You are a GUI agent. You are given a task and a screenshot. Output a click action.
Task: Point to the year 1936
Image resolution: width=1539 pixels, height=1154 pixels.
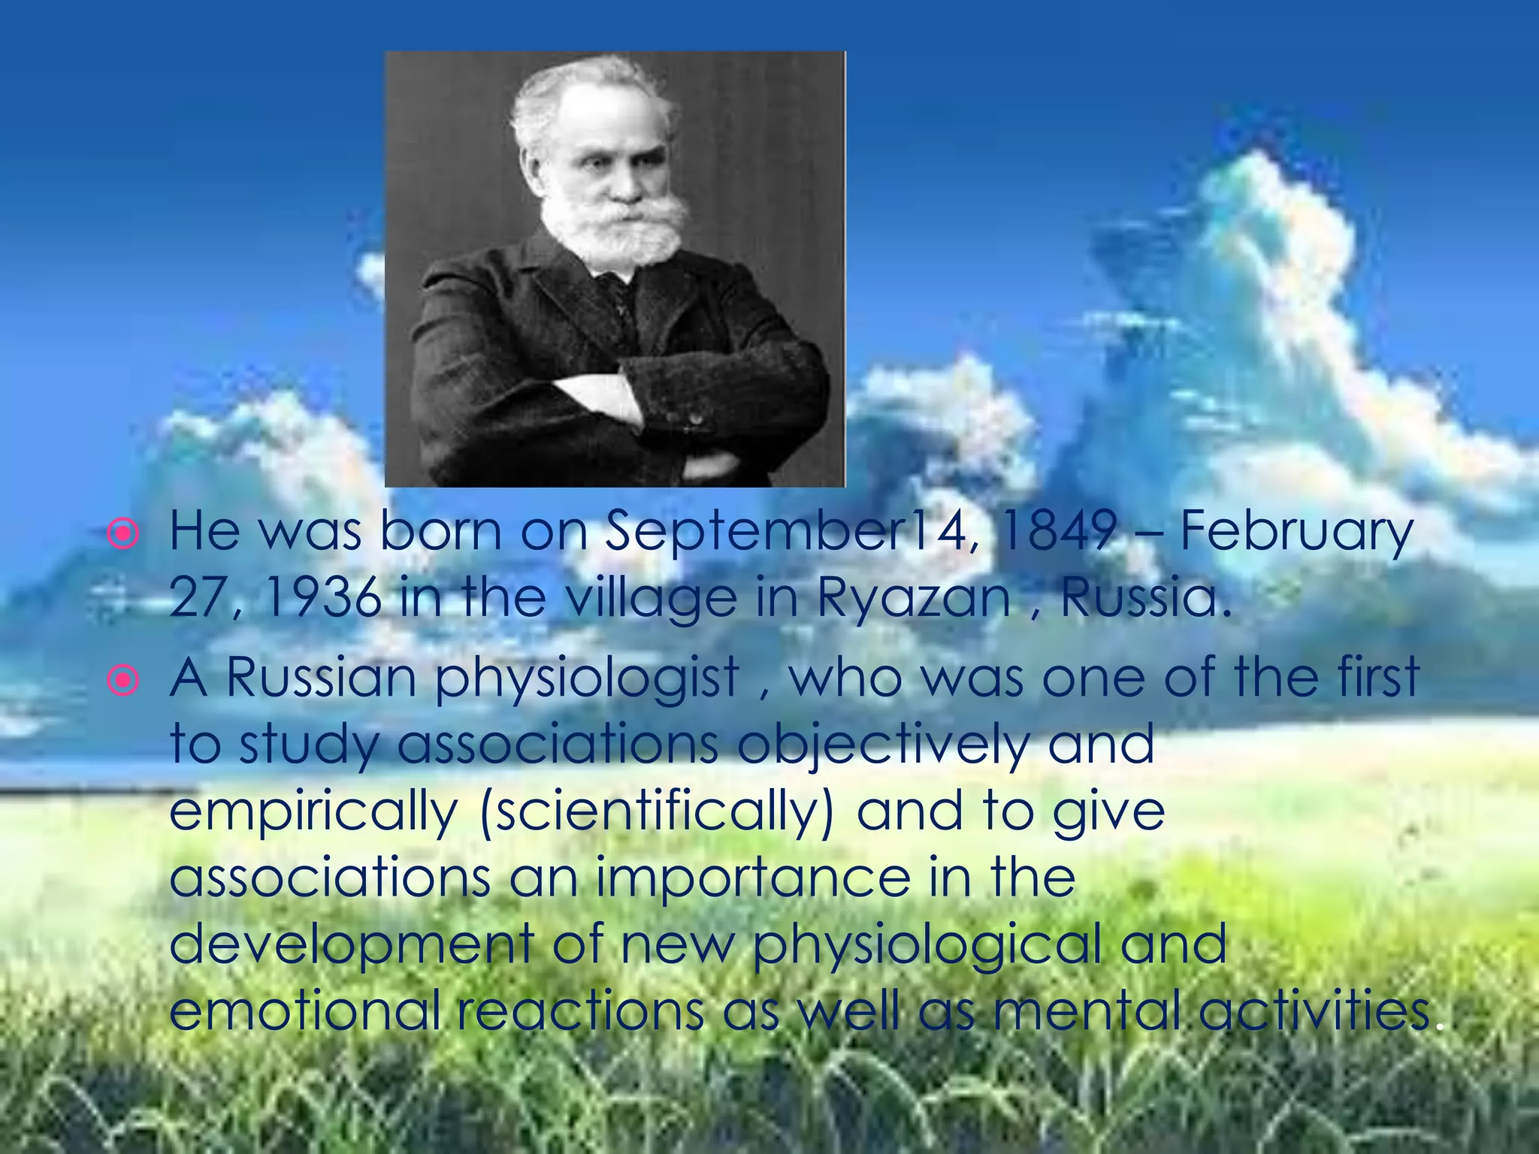(324, 598)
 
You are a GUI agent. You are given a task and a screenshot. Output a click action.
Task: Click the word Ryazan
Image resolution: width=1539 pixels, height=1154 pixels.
(913, 600)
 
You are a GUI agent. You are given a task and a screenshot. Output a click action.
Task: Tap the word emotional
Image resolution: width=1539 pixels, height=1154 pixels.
(304, 1011)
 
